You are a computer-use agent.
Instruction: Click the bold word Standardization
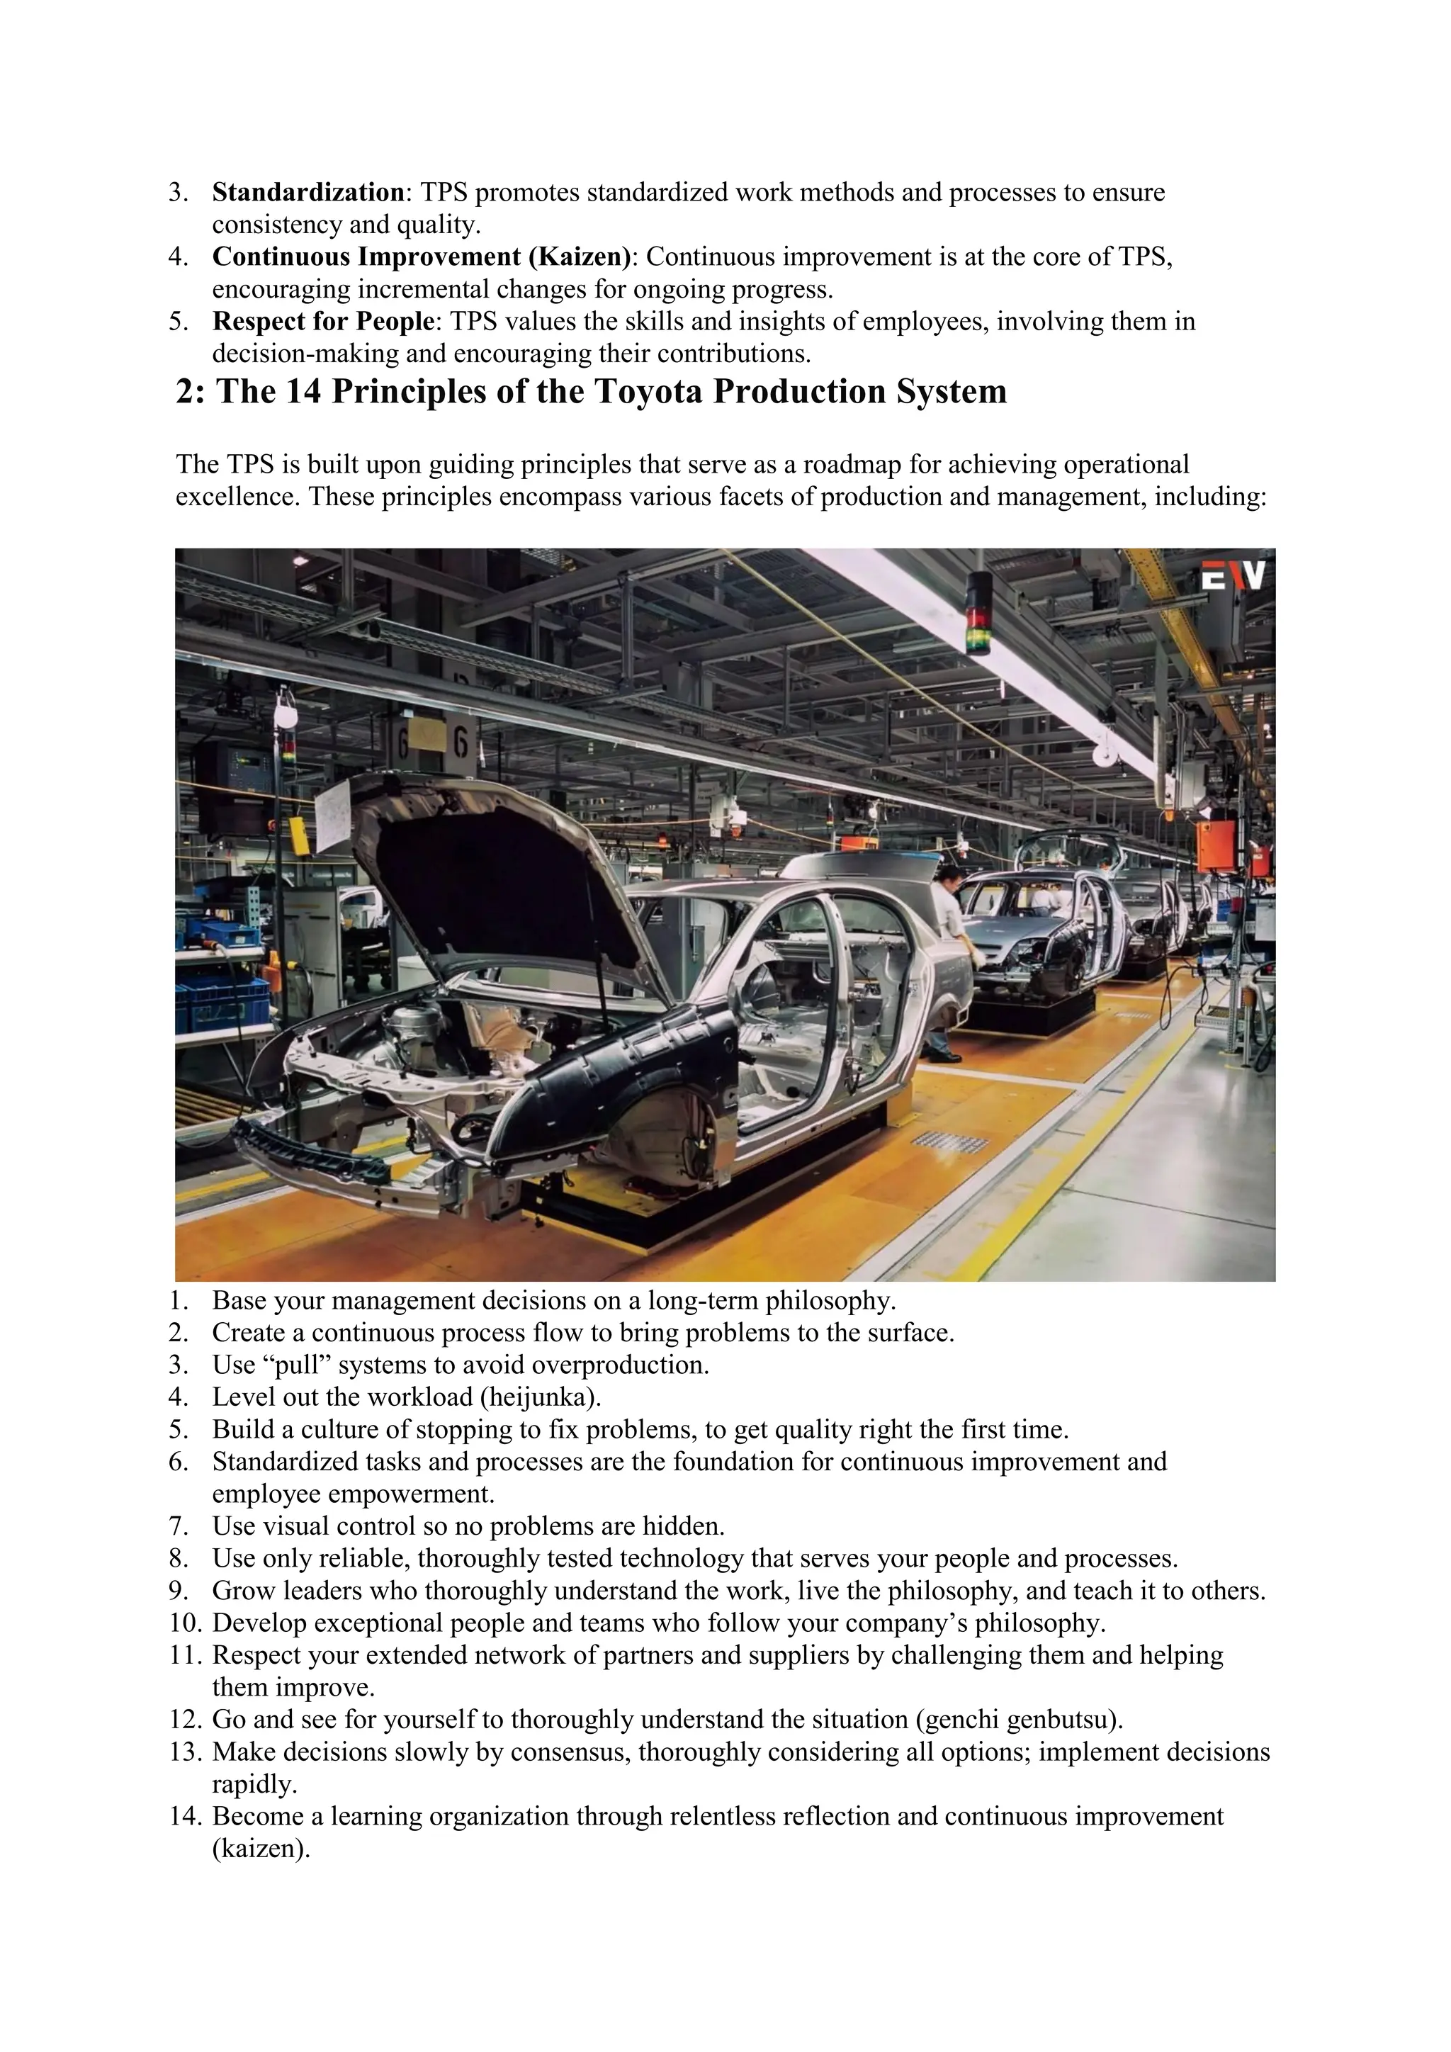(308, 192)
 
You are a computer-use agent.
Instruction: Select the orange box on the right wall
(1216, 845)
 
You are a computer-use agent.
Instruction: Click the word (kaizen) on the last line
(261, 1847)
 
